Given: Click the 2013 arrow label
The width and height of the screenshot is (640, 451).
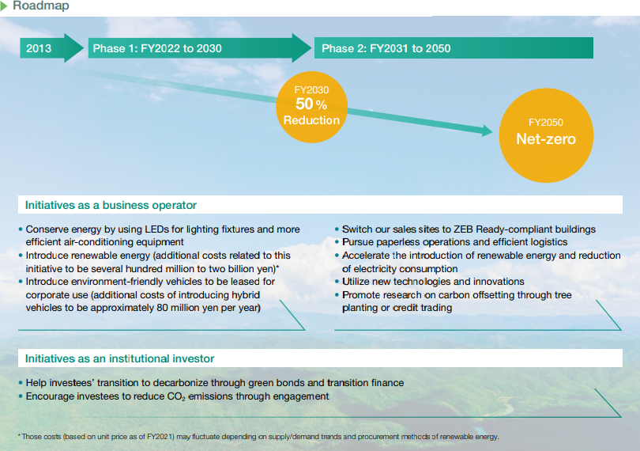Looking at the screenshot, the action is click(39, 48).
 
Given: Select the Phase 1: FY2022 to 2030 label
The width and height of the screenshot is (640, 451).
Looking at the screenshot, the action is click(157, 48).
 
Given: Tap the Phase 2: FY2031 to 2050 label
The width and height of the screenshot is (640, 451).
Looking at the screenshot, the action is click(386, 48).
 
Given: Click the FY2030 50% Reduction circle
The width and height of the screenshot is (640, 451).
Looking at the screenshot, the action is click(312, 107).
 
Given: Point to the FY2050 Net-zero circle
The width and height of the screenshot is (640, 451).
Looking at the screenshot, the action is click(546, 135).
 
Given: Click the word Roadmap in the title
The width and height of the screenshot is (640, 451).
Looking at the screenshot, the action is click(41, 6).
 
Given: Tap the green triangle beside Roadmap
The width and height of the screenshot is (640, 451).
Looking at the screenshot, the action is click(4, 6).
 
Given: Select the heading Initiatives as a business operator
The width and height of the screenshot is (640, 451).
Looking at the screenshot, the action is click(111, 205).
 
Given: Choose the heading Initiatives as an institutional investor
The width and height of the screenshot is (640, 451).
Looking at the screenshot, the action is click(119, 358).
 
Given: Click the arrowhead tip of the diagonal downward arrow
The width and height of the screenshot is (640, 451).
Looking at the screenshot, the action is click(493, 131).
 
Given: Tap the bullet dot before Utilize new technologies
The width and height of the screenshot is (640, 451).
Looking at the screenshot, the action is click(337, 282).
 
